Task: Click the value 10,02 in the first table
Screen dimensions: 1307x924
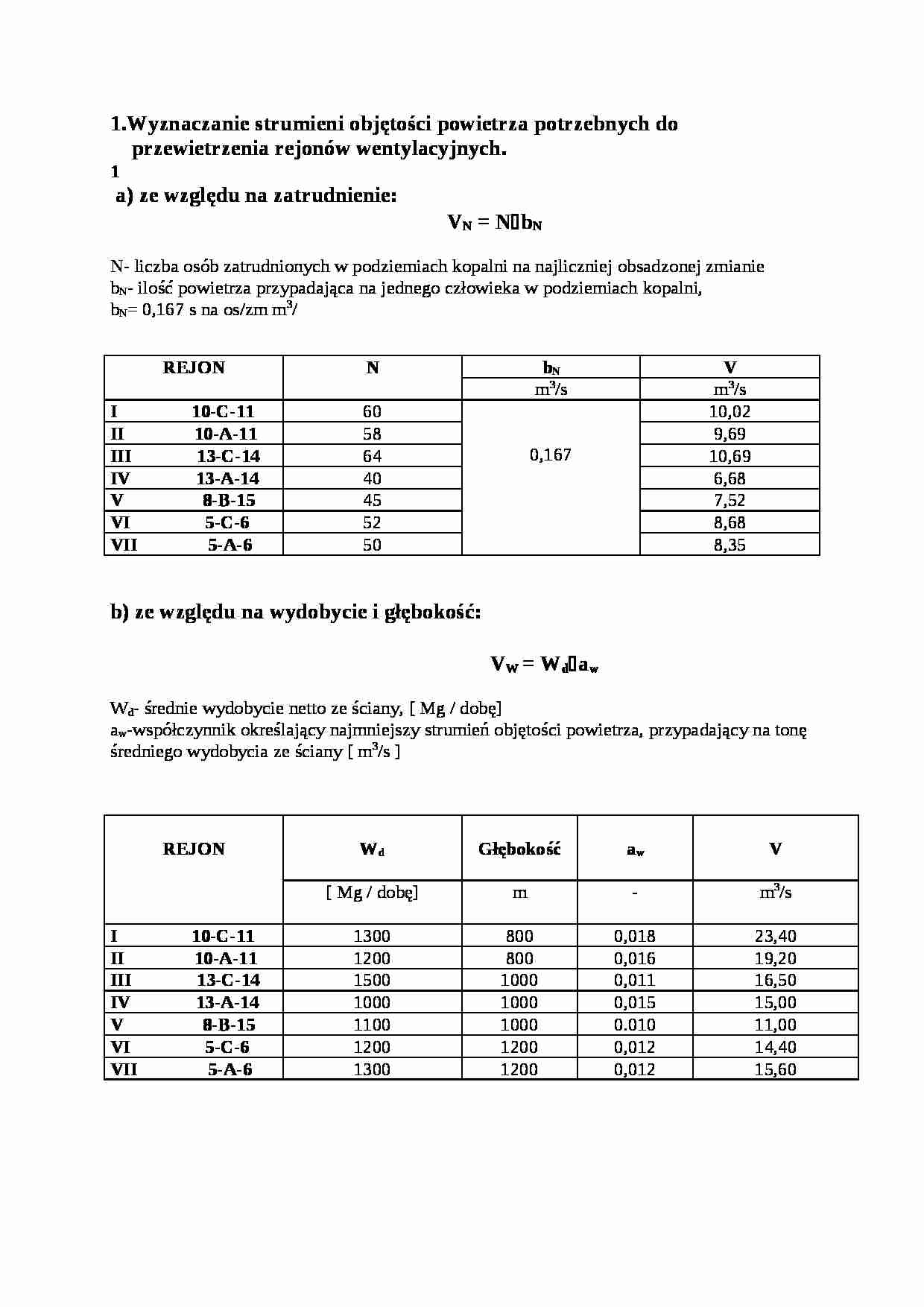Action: (730, 411)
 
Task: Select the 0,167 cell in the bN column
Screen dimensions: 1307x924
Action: (551, 455)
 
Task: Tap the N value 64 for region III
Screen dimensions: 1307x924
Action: (372, 456)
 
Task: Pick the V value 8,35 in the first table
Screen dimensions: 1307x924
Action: (730, 545)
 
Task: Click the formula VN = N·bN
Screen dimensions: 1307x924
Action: (494, 223)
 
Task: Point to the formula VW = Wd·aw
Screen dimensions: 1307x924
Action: (545, 664)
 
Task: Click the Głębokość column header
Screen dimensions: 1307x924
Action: (519, 849)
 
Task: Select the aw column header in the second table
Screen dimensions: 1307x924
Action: (635, 849)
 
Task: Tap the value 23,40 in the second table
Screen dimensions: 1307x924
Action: (775, 936)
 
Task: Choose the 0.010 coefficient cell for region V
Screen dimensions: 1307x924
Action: (635, 1025)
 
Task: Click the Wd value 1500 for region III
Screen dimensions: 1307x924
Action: (372, 980)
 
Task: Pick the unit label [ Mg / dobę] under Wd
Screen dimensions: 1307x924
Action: (372, 892)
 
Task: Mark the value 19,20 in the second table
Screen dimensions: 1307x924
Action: (775, 958)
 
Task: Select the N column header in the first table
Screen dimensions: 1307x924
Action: (372, 367)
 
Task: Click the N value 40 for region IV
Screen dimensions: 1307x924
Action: (372, 478)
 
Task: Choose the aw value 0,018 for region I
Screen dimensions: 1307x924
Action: (635, 936)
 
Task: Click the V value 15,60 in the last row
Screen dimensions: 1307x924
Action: (775, 1069)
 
